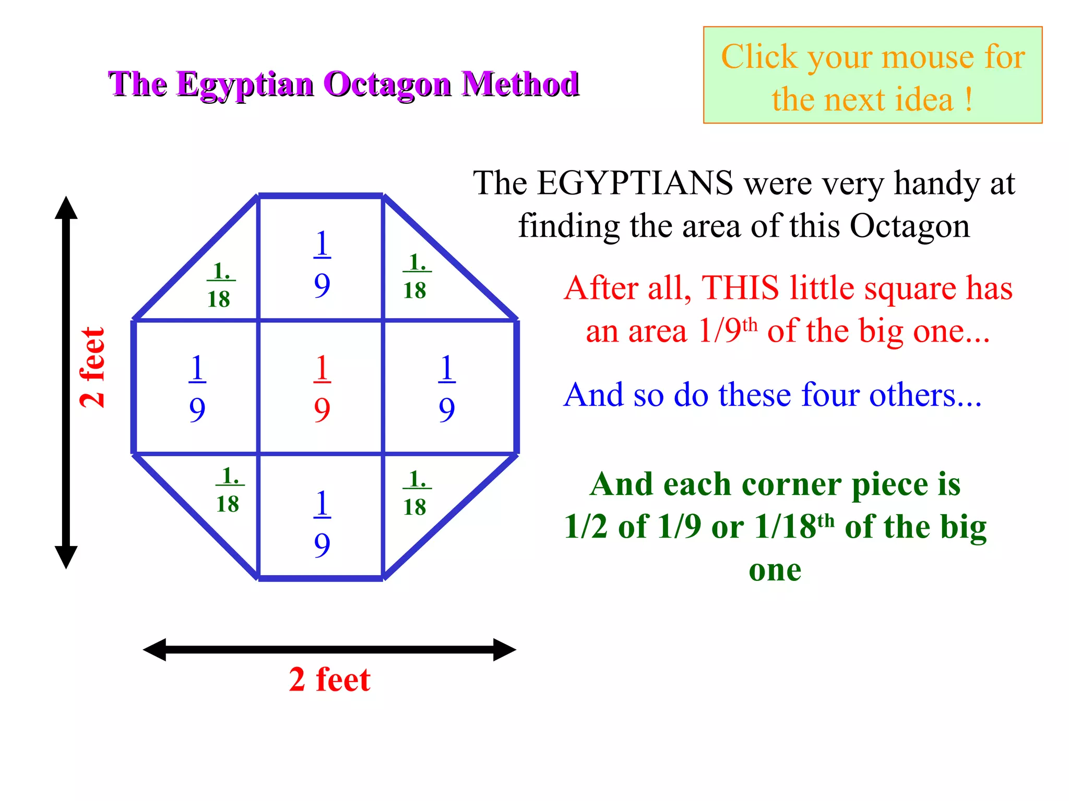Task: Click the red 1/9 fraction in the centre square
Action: [322, 388]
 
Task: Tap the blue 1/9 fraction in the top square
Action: [322, 263]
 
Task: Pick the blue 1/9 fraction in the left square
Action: [197, 388]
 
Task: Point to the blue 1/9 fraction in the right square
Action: [446, 388]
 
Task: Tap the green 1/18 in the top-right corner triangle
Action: [416, 276]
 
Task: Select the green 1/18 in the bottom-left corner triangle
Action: [229, 490]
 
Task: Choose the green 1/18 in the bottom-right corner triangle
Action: [416, 493]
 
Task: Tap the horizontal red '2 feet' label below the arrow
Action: [329, 679]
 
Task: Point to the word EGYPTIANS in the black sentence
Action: [635, 183]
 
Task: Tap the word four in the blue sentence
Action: [830, 394]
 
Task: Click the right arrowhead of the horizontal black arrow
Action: [504, 650]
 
